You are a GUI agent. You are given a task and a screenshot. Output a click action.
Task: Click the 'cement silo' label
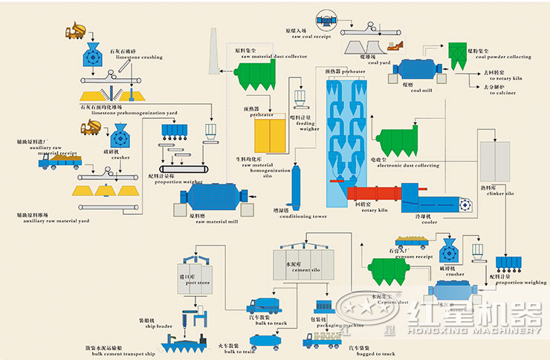click(307, 251)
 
